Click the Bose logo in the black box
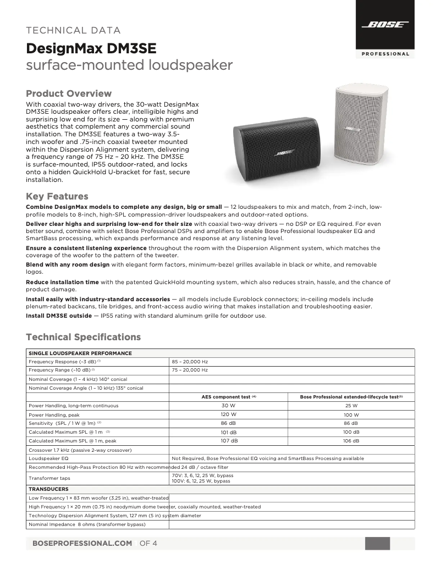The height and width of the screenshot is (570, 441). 384,24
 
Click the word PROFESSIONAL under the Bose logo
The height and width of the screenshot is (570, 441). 385,54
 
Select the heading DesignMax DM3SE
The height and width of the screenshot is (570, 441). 91,49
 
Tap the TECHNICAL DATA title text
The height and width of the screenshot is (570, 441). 74,30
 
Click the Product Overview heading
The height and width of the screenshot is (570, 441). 69,93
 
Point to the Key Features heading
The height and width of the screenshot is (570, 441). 57,196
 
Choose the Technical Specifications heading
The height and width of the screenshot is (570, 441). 84,337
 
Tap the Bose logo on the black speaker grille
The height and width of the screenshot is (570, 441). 284,152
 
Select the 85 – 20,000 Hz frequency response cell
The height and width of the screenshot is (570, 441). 190,362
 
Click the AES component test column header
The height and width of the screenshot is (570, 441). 229,396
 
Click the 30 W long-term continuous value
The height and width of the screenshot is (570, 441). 229,406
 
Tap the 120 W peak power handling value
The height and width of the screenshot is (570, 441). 229,414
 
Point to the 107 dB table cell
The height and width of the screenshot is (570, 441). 229,441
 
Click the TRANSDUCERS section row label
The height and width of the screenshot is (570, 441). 49,489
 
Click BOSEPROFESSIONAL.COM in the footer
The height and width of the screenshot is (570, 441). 82,543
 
